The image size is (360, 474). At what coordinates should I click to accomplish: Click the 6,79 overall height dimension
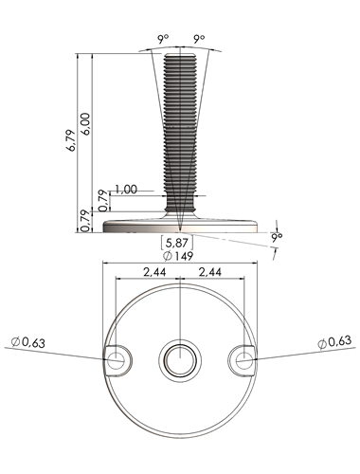pyautogui.click(x=72, y=140)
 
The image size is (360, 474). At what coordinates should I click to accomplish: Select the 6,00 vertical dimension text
pyautogui.click(x=86, y=124)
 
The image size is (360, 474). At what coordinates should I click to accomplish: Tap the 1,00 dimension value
pyautogui.click(x=126, y=190)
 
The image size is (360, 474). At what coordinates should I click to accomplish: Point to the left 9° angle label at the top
pyautogui.click(x=163, y=39)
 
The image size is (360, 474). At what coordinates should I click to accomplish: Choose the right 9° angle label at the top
pyautogui.click(x=199, y=39)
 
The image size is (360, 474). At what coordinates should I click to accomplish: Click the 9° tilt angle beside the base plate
pyautogui.click(x=277, y=237)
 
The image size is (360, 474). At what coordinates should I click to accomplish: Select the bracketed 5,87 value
pyautogui.click(x=177, y=243)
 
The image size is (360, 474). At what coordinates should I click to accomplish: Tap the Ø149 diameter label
pyautogui.click(x=178, y=256)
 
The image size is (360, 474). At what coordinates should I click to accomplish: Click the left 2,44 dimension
pyautogui.click(x=154, y=272)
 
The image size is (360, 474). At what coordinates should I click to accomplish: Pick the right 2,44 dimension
pyautogui.click(x=210, y=272)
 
